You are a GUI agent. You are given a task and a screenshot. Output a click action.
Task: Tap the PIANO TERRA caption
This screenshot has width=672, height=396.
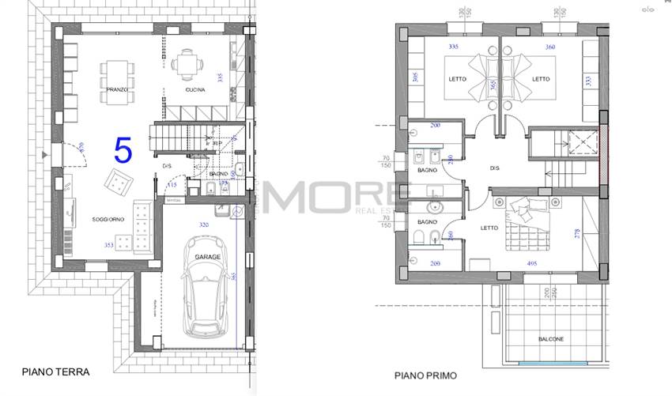click(x=55, y=371)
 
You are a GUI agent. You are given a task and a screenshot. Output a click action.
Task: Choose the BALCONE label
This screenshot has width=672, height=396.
click(x=550, y=339)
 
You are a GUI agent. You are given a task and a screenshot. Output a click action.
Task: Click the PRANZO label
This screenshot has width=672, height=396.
click(x=116, y=91)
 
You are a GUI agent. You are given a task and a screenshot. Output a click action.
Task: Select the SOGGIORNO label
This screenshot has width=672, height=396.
click(x=108, y=219)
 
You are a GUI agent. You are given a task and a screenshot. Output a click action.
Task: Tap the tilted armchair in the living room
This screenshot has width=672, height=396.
click(x=119, y=183)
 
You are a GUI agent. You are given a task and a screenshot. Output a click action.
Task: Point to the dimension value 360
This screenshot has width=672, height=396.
click(x=550, y=47)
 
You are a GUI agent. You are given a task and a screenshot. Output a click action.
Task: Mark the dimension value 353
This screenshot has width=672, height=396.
click(x=109, y=245)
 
